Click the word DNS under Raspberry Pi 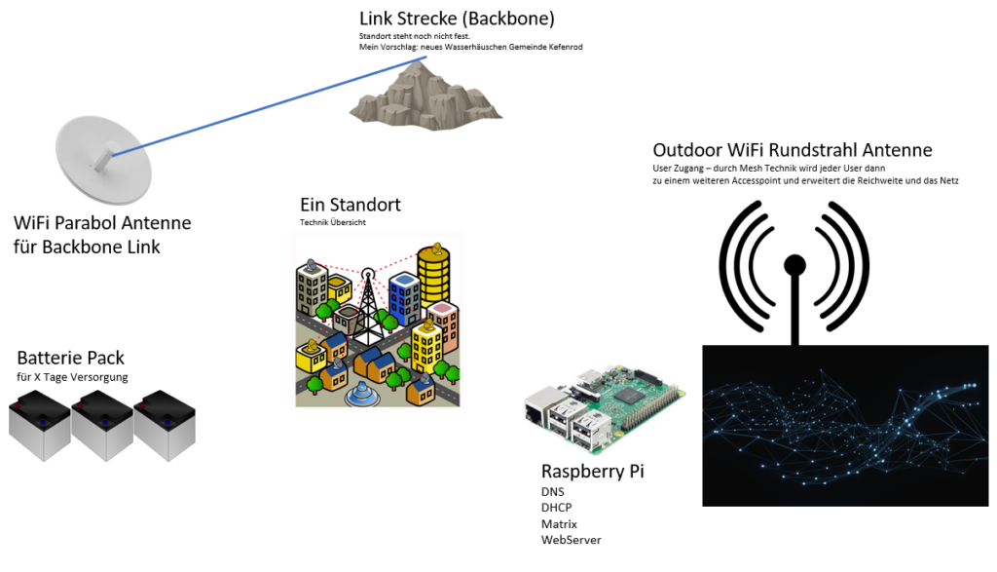coord(552,492)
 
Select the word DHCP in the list coord(556,508)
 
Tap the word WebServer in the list coord(571,539)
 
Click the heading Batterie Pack coord(71,358)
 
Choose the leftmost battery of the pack coord(40,425)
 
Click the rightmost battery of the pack coord(165,425)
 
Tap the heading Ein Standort coord(350,206)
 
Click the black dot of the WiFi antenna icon coord(795,263)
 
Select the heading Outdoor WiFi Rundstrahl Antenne coord(792,150)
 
